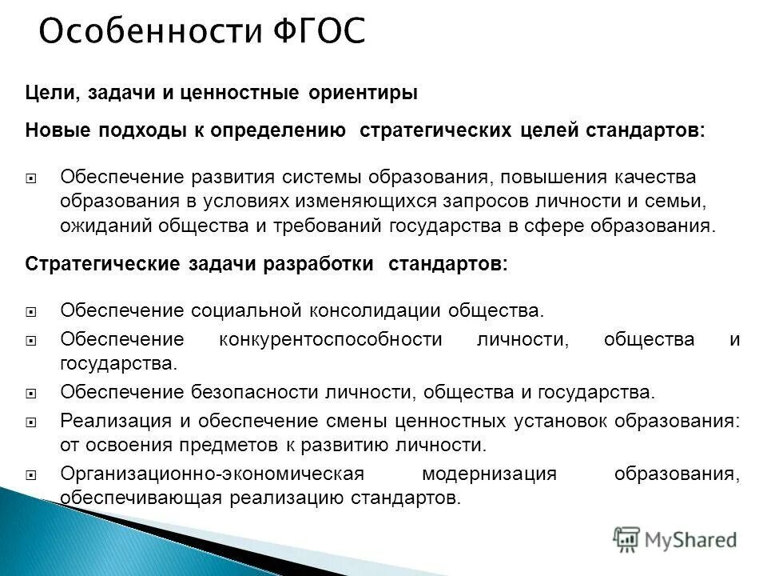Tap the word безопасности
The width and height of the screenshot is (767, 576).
click(256, 392)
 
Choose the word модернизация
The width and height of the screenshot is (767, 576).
click(489, 473)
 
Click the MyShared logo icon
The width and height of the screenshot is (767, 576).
click(626, 539)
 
